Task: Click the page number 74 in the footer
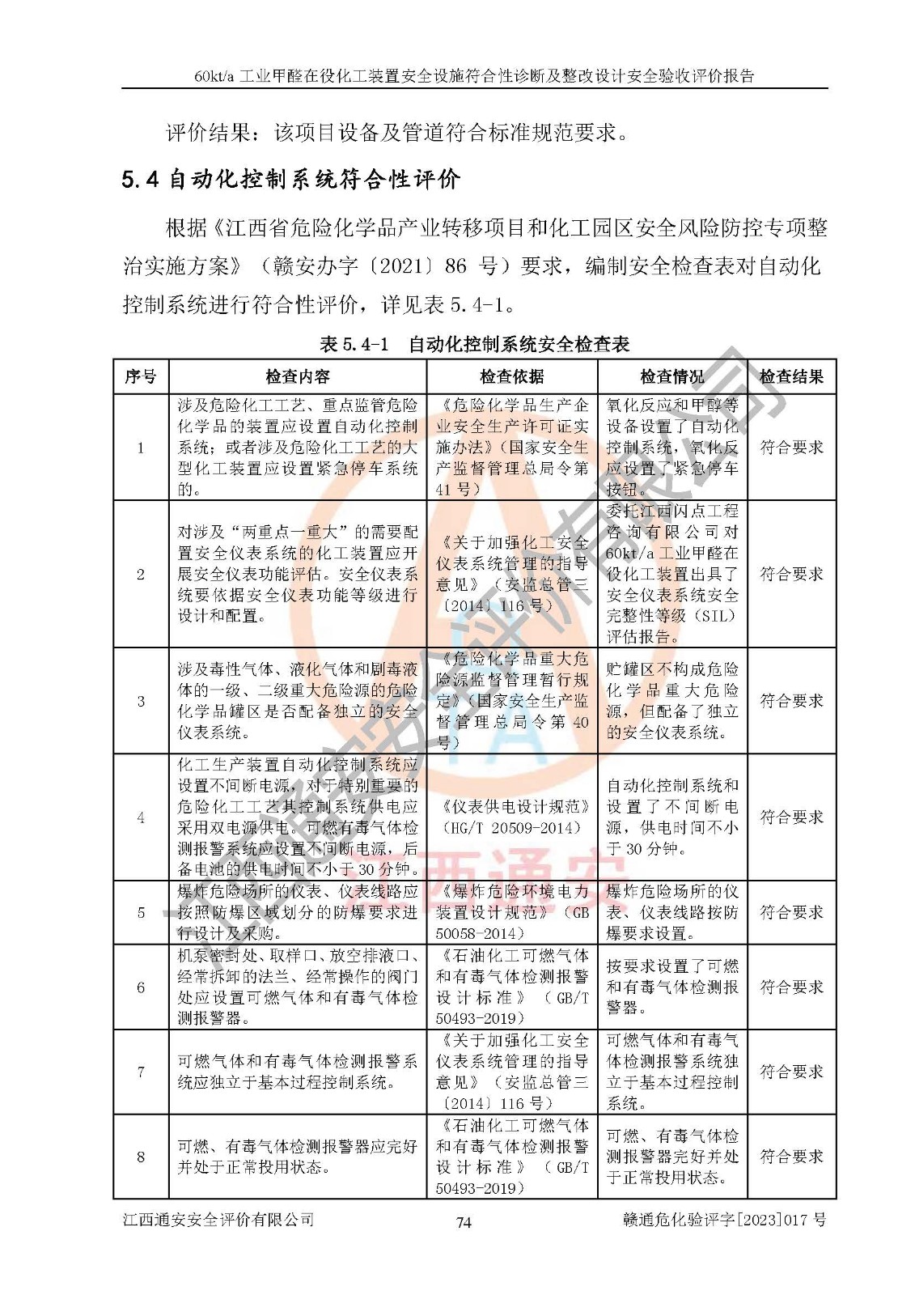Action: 463,1222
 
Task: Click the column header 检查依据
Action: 511,376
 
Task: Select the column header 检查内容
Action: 298,376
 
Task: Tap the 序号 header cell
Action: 141,376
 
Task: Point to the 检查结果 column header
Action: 790,376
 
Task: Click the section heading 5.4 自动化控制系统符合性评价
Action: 290,179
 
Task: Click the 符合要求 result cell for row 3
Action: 790,701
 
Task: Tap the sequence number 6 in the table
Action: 141,987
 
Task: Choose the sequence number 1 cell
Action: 141,448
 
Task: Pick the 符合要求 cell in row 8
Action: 790,1157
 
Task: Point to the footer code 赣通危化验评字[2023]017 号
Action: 724,1220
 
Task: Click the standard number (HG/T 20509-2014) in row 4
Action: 511,828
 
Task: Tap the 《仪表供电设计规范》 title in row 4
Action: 513,807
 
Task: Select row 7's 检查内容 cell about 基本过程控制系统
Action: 298,1072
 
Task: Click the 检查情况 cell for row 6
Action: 671,987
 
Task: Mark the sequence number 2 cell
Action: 141,574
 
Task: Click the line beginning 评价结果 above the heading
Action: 396,132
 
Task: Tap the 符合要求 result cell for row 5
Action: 790,912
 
